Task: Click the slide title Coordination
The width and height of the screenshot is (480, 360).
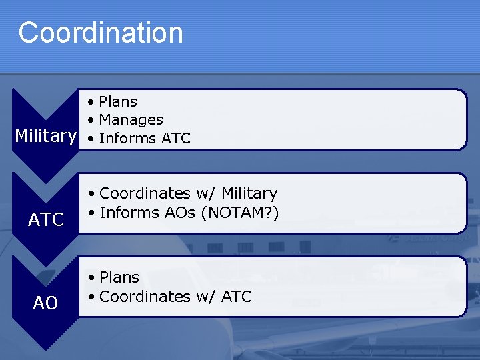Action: [100, 33]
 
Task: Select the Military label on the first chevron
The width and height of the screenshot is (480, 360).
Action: [45, 136]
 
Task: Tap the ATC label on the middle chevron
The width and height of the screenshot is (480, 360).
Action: [46, 219]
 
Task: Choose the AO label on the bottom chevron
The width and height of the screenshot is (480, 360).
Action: [46, 303]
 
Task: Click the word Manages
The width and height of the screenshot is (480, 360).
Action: [131, 120]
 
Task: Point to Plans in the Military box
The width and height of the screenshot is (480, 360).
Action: [118, 102]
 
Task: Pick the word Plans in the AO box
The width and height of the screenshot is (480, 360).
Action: [119, 277]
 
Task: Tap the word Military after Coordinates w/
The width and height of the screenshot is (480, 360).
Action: [247, 193]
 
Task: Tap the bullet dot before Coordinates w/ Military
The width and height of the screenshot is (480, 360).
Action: [91, 193]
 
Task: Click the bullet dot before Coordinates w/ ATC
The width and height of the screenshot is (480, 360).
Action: [91, 297]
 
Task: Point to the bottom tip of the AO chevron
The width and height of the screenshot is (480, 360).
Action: [45, 349]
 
